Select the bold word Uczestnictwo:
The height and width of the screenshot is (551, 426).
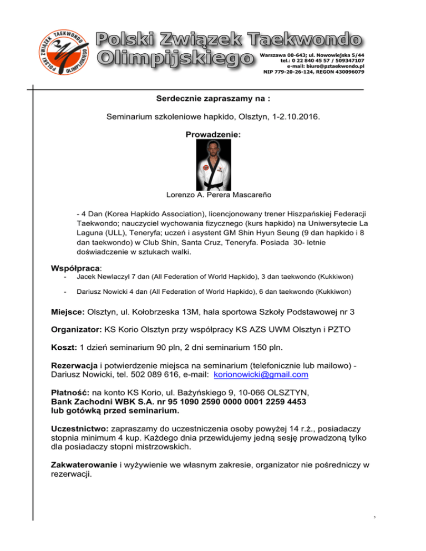tap(80, 430)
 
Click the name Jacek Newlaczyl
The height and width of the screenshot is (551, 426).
tap(103, 277)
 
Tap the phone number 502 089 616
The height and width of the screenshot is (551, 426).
tap(148, 375)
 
